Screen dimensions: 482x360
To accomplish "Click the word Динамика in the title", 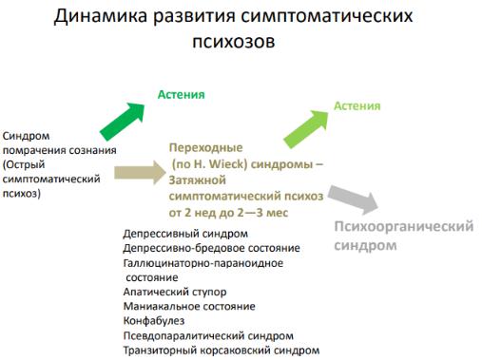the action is (x=100, y=16).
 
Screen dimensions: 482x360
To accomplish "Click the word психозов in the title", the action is (x=234, y=42).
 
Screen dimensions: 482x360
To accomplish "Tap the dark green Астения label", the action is (x=182, y=95).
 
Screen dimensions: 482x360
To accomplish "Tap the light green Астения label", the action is (x=357, y=105).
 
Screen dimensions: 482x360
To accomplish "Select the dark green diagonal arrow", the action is (x=123, y=121).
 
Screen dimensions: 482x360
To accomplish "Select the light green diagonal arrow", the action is (x=306, y=129).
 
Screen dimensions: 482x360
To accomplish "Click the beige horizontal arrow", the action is (x=140, y=173).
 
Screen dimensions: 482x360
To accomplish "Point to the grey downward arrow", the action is (x=354, y=199).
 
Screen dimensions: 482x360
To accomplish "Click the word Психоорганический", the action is (x=404, y=227).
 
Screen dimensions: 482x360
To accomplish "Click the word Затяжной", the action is (x=198, y=180).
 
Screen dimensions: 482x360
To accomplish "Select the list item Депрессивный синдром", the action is (x=185, y=234).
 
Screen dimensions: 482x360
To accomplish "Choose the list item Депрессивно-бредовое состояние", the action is (x=211, y=248).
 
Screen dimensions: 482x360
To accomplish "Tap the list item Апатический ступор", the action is (x=175, y=292).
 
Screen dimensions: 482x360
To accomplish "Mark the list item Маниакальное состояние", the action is (x=189, y=307).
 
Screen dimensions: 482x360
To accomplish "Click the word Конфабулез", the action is (x=154, y=321).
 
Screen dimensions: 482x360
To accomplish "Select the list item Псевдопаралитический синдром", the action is (x=208, y=336).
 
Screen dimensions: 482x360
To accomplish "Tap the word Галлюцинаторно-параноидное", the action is (x=203, y=263).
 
